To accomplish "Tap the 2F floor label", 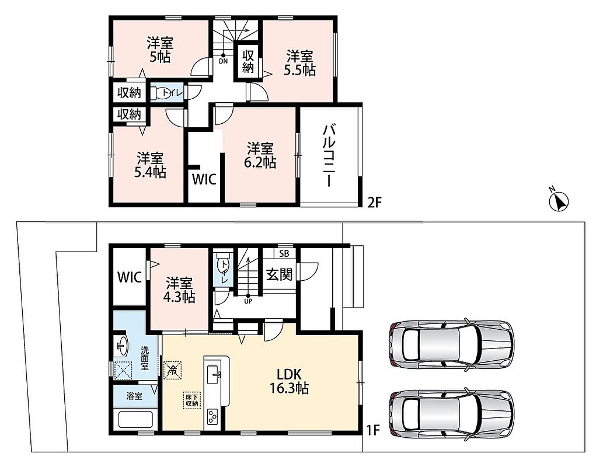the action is (x=374, y=202).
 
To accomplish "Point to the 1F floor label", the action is (x=372, y=430).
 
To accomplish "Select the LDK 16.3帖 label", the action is (x=289, y=381).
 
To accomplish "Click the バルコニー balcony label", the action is (x=330, y=155).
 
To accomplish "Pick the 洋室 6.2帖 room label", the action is (x=260, y=155).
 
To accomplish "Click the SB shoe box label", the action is (x=284, y=253).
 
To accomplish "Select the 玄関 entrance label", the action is (x=280, y=274).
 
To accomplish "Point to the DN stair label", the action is (x=224, y=61).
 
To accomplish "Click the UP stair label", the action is (x=248, y=301).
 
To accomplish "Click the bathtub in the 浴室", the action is (x=136, y=419).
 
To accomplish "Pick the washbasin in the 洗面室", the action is (x=123, y=346).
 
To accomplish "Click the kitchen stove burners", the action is (x=212, y=416).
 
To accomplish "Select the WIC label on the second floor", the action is (x=204, y=179).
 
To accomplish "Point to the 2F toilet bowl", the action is (x=159, y=93).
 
